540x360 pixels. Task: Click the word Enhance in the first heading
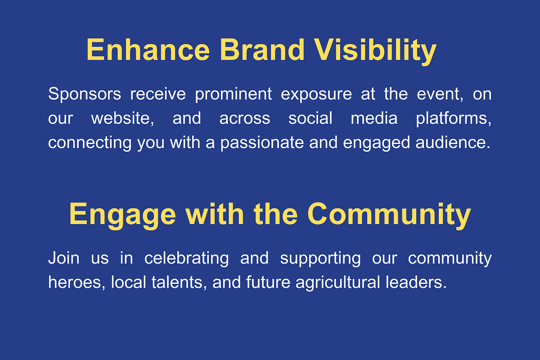tap(148, 50)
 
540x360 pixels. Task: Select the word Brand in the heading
tap(262, 50)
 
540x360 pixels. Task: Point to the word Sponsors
tap(84, 94)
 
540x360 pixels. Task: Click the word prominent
tap(234, 94)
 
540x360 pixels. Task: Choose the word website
tap(122, 119)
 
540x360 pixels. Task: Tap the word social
tap(310, 119)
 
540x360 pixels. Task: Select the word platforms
tap(454, 119)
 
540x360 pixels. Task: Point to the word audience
tap(453, 143)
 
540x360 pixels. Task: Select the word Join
tap(64, 258)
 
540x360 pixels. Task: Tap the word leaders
tap(416, 283)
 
